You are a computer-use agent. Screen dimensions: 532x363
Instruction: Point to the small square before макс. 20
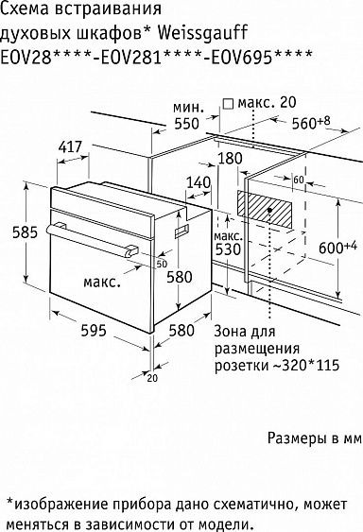point(227,102)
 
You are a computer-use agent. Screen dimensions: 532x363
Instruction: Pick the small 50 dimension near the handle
point(162,264)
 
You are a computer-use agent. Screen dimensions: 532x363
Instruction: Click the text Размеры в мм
point(313,438)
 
